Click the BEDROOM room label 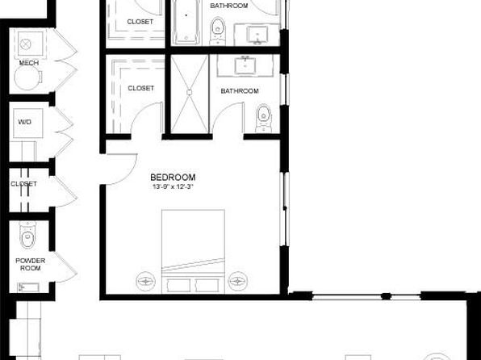click(173, 178)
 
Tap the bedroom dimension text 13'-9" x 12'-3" click(173, 186)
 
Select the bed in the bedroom click(193, 251)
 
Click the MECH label click(29, 63)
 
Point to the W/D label click(24, 122)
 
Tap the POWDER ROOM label click(31, 264)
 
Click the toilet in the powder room click(28, 234)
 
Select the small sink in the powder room click(28, 287)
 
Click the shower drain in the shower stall click(190, 92)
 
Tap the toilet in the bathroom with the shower click(264, 118)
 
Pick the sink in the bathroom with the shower click(245, 65)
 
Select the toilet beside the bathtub click(218, 31)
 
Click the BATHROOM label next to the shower click(240, 91)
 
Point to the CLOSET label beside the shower click(140, 88)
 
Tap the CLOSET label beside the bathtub click(140, 22)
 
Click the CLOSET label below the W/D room click(23, 184)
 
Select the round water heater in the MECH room click(27, 77)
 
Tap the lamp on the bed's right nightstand click(237, 281)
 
